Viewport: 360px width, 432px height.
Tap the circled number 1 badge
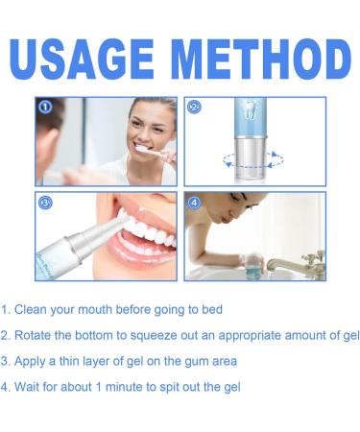[x=45, y=108]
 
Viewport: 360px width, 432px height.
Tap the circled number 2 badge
[x=195, y=108]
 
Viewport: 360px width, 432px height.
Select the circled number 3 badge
[x=45, y=204]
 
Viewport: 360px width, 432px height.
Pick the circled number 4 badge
[x=195, y=204]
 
